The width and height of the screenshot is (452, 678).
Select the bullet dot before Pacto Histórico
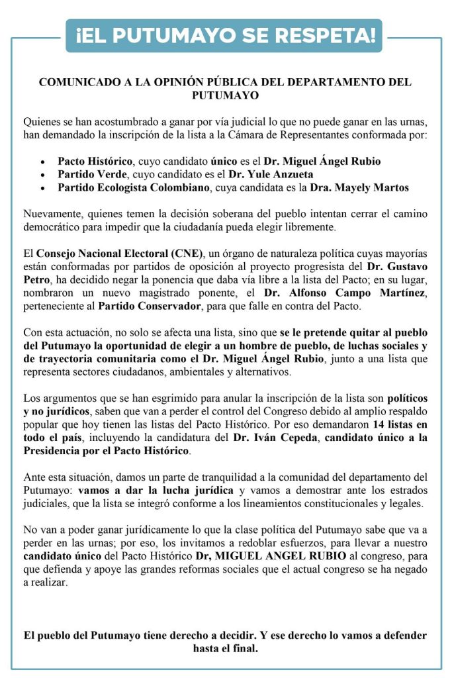click(42, 162)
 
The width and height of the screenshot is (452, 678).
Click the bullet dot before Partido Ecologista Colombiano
click(42, 188)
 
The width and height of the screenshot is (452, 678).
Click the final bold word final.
click(242, 648)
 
